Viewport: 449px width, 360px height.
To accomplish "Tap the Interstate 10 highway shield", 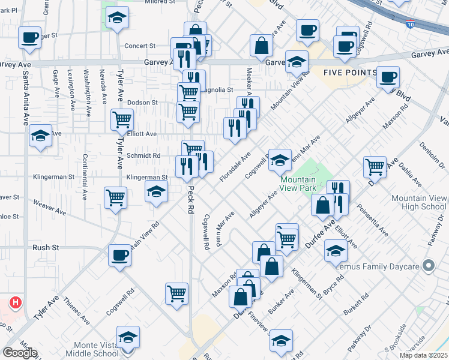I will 410,25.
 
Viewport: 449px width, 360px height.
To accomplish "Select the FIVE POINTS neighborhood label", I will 350,73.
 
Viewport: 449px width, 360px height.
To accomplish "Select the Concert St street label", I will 139,46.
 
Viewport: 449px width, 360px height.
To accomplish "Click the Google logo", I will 20,353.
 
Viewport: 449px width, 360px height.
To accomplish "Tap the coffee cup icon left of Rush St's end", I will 119,254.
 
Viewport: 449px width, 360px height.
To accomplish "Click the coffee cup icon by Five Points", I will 388,76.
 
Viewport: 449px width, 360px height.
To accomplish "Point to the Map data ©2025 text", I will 423,355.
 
